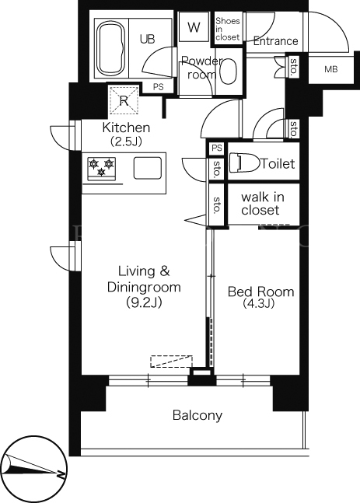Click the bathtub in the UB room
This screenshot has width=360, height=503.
(111, 48)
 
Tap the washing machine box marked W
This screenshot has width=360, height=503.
(194, 27)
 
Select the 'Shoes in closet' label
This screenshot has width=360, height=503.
(228, 29)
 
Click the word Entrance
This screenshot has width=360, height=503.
(275, 41)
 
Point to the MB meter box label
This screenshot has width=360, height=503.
(330, 69)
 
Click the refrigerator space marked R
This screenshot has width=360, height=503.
(124, 100)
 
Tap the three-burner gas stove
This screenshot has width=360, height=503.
(101, 168)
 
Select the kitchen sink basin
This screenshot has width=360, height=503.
(148, 168)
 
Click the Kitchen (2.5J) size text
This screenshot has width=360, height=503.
(126, 134)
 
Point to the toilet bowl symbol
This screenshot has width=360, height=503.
(248, 162)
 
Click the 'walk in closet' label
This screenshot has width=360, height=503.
(262, 204)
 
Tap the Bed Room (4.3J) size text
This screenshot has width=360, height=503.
(260, 297)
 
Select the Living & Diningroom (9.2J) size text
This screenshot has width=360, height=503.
(144, 286)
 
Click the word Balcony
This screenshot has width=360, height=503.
(197, 415)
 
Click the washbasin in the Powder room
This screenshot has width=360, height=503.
(229, 72)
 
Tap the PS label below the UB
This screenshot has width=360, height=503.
(158, 86)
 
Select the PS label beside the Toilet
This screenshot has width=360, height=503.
(217, 148)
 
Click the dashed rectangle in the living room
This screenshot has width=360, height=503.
(171, 362)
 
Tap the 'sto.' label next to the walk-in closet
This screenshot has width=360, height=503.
(216, 204)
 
